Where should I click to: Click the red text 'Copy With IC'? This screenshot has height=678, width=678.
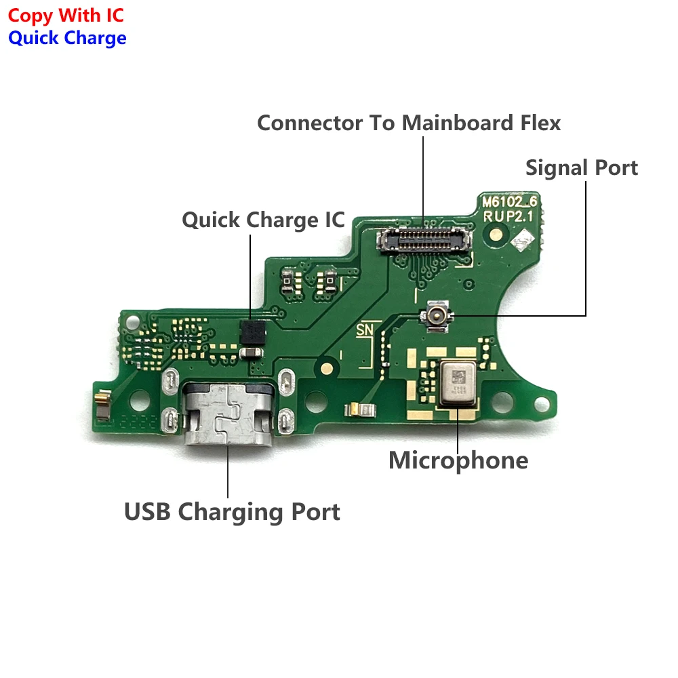pos(66,15)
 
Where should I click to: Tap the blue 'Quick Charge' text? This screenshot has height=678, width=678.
pos(67,38)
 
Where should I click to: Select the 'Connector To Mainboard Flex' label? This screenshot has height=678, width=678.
pos(409,123)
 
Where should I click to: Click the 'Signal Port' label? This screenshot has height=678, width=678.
pos(582,167)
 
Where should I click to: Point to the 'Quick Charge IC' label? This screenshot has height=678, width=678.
pos(263,220)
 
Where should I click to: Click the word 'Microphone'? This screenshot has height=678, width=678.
pos(458,460)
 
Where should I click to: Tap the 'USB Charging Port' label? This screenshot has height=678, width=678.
pos(232,512)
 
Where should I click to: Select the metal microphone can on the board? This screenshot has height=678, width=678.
pos(460,383)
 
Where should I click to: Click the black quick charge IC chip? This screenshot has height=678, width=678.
pos(252,331)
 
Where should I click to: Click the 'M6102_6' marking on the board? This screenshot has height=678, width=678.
pos(509,201)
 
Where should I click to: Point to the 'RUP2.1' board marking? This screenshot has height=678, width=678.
pos(508,216)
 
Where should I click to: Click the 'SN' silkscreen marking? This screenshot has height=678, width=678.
pos(364,330)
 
